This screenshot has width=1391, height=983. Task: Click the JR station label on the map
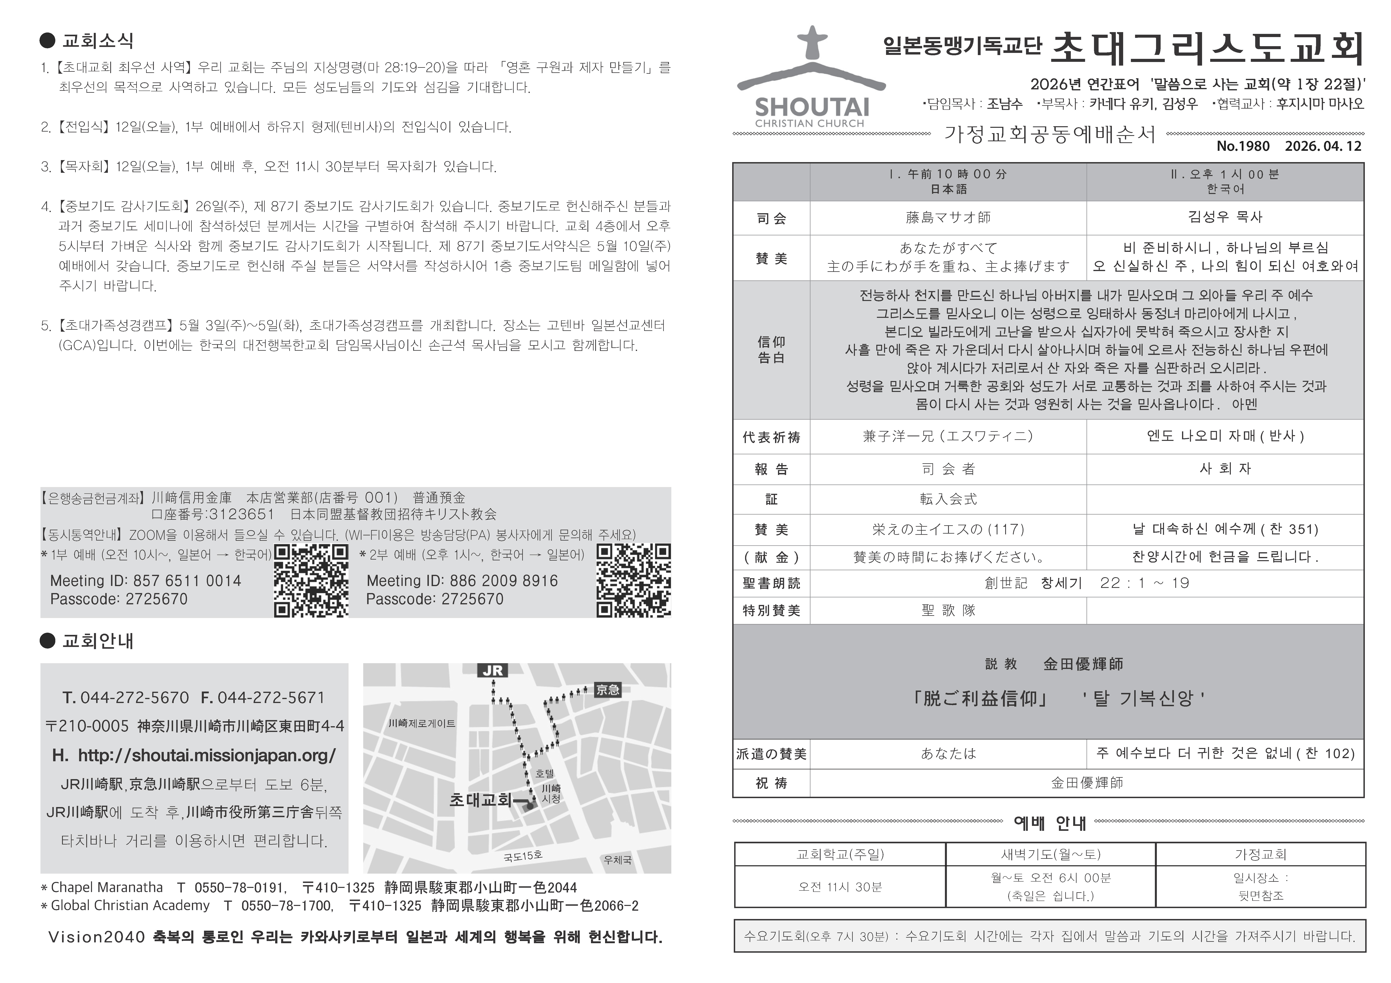coord(492,671)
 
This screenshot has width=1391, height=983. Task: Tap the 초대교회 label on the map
coord(480,800)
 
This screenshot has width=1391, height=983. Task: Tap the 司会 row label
coord(771,218)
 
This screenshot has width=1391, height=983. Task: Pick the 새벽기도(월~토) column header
coord(1051,855)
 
